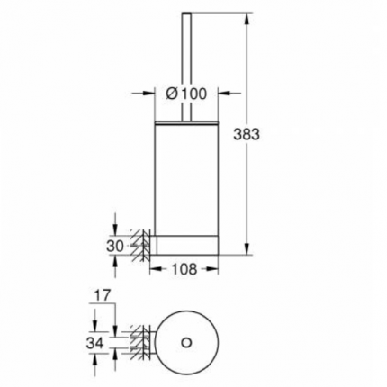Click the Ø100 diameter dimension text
[186, 92]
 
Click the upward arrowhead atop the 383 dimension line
[246, 17]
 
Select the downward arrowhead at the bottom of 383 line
[246, 251]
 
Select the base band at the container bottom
[186, 244]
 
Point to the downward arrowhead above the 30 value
[117, 227]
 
